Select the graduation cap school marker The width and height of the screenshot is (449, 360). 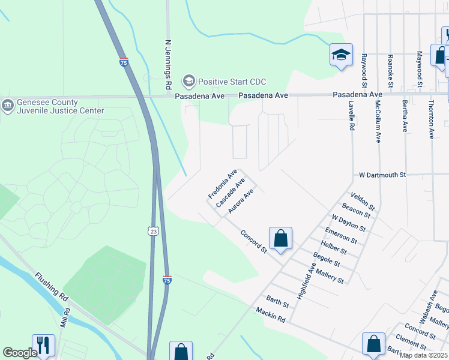[x=341, y=56]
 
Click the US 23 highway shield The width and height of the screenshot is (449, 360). [x=153, y=231]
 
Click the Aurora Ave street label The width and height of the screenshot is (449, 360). [x=243, y=202]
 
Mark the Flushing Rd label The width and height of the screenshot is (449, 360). [x=51, y=287]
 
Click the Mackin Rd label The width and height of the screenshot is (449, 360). [x=270, y=314]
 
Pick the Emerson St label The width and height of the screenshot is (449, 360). [x=340, y=236]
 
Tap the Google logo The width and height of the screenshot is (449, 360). [x=20, y=353]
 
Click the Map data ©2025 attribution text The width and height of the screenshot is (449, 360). [x=423, y=355]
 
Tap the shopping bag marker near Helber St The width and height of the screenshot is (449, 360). [x=280, y=239]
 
